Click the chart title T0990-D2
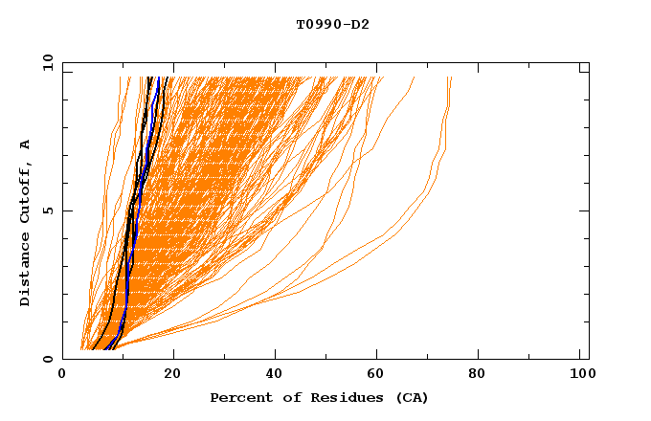point(332,24)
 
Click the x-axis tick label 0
point(62,375)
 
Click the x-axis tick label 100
point(579,375)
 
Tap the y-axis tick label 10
point(47,62)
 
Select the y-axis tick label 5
point(51,210)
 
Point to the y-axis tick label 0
point(51,359)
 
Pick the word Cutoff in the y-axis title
point(26,191)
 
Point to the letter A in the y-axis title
point(26,144)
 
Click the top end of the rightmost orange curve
point(451,78)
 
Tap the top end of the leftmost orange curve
point(121,78)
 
